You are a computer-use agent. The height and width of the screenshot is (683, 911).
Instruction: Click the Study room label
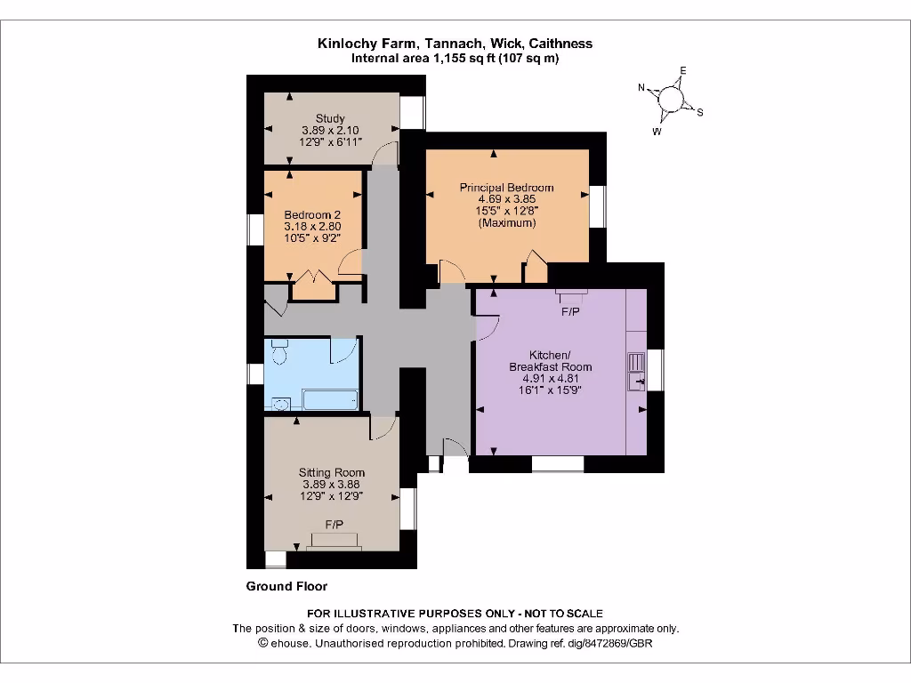point(330,118)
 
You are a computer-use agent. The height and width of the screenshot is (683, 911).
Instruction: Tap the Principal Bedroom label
point(506,188)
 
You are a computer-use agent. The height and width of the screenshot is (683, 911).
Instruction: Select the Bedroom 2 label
point(312,214)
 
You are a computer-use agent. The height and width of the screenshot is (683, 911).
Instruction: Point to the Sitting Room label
point(331,472)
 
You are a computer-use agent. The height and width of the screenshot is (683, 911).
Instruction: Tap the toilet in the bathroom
point(278,353)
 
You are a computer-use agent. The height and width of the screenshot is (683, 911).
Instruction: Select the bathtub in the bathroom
point(329,400)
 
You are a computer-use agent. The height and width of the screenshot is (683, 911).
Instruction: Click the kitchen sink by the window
point(637,371)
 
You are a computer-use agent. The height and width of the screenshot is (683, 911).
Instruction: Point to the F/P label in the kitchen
point(570,312)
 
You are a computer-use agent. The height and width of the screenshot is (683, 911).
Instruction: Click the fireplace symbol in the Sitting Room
point(335,541)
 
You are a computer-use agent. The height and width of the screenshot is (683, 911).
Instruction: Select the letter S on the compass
point(700,112)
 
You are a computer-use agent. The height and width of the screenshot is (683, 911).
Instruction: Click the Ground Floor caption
point(286,586)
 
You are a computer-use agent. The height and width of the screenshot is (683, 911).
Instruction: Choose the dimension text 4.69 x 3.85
point(506,200)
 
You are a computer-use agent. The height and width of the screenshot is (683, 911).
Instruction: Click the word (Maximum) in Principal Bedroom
point(506,223)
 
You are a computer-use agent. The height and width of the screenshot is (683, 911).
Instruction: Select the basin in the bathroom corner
point(280,405)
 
